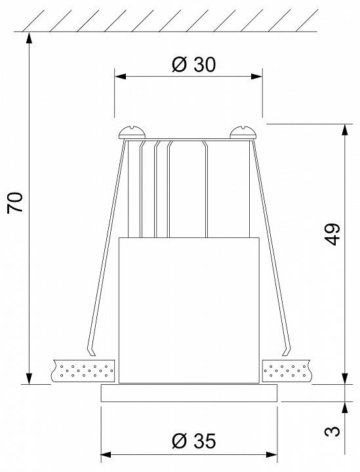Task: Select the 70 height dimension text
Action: pyautogui.click(x=16, y=202)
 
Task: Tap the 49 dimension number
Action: pyautogui.click(x=333, y=234)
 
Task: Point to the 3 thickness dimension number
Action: pyautogui.click(x=333, y=431)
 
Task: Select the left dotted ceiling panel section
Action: pyautogui.click(x=84, y=370)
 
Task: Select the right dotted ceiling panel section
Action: pyautogui.click(x=287, y=370)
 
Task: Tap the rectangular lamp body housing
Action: pyautogui.click(x=190, y=309)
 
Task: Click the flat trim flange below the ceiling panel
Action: pyautogui.click(x=190, y=393)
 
